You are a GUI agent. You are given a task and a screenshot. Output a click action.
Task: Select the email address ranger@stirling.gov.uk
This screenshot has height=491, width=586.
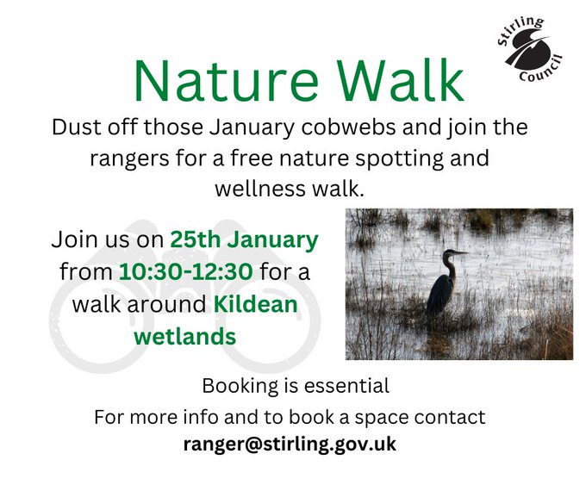(x=289, y=444)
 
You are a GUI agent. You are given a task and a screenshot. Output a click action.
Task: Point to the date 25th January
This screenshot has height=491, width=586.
(x=244, y=239)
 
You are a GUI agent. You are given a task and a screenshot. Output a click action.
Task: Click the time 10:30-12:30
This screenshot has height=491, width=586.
(x=185, y=272)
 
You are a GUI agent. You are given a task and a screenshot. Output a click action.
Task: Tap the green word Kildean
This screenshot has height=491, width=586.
(x=256, y=304)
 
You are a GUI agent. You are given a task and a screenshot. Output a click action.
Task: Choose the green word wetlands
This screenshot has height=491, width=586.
(x=184, y=336)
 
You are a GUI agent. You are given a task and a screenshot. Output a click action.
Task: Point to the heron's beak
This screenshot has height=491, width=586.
(x=459, y=252)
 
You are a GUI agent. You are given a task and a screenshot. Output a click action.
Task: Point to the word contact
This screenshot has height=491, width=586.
(x=450, y=418)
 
